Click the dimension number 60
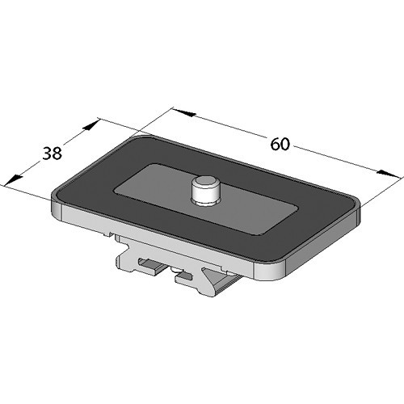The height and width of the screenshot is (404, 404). [280, 145]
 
